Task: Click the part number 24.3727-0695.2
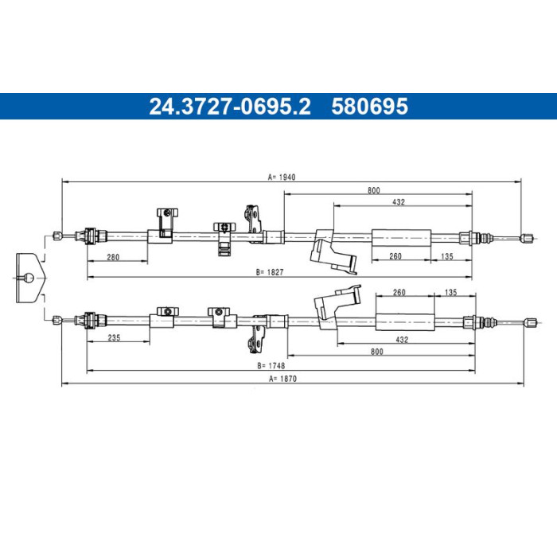(230, 106)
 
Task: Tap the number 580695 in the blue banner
(370, 106)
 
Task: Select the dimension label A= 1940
(282, 177)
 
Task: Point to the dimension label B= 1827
(270, 272)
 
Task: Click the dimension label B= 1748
(271, 365)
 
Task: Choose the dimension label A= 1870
(282, 379)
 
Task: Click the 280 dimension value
(113, 257)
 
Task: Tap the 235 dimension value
(114, 337)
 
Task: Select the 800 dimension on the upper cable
(374, 190)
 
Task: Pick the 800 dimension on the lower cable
(377, 352)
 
